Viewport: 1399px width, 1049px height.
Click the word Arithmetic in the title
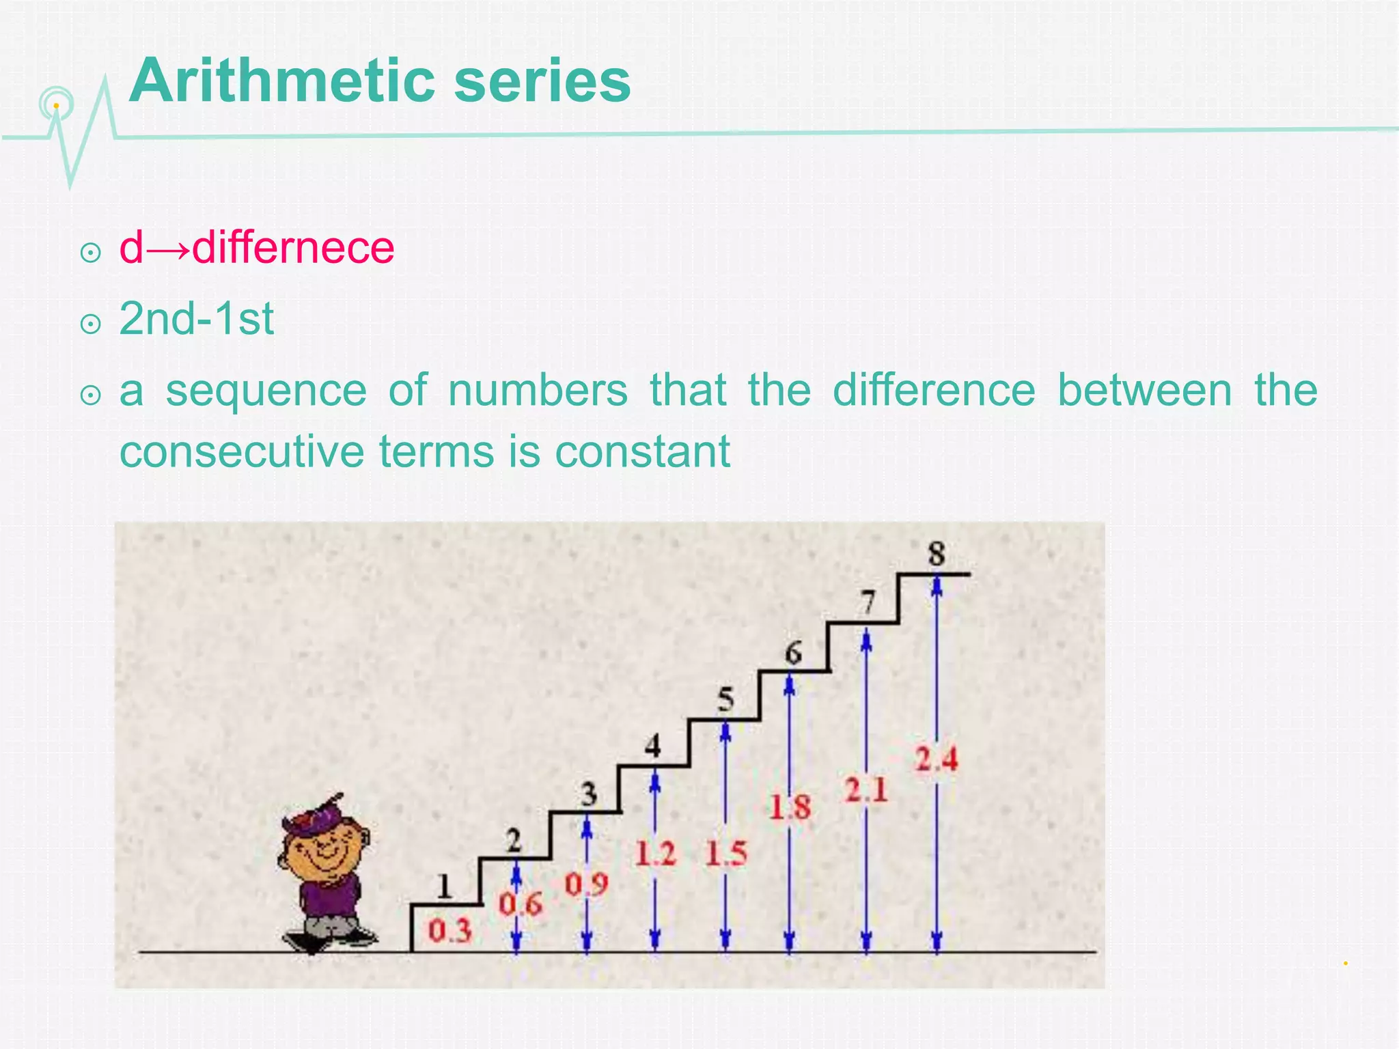[281, 81]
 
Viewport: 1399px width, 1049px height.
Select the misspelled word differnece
[293, 247]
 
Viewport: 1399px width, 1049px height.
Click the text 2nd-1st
[196, 319]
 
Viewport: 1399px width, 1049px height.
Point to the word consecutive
[242, 451]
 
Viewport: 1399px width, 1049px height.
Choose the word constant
[642, 451]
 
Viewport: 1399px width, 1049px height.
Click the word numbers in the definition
[538, 391]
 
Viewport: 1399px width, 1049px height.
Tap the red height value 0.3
[449, 930]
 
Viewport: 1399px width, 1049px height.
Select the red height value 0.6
[520, 904]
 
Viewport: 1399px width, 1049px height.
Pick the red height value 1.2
[654, 854]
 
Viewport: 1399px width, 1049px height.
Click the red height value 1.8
[790, 807]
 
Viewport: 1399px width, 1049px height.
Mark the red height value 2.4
[936, 759]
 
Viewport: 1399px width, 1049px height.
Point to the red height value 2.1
[865, 791]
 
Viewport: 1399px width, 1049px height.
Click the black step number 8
[936, 553]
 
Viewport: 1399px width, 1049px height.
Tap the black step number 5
[725, 699]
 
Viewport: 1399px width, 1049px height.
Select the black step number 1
[445, 886]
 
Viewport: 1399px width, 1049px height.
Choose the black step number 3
[588, 794]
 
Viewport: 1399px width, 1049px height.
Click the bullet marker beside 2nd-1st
[90, 324]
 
